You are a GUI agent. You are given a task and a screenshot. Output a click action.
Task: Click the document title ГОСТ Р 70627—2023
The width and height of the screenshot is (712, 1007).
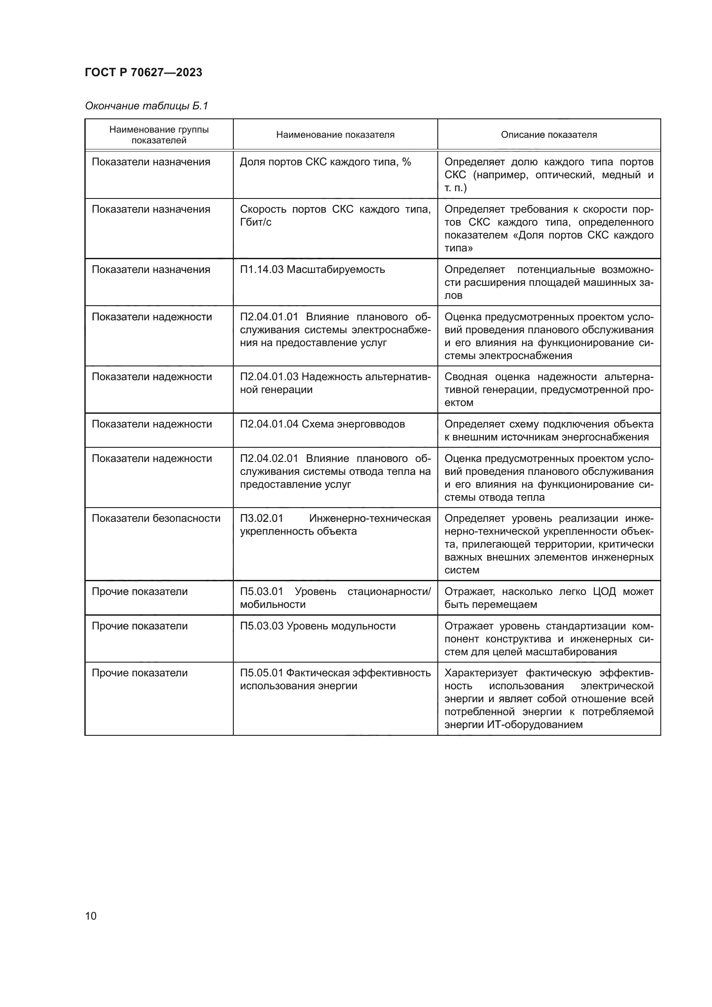coord(143,72)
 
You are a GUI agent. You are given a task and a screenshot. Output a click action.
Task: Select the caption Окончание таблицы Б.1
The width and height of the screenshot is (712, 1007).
coord(146,106)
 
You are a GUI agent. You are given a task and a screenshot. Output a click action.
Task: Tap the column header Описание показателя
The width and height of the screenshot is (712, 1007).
coord(548,135)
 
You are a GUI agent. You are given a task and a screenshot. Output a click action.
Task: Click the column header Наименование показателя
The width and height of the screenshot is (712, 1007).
coord(335,135)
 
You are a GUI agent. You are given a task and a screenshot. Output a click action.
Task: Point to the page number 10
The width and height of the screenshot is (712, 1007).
coord(91,916)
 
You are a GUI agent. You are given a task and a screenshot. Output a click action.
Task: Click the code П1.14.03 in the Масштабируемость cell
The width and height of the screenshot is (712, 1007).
coord(261,269)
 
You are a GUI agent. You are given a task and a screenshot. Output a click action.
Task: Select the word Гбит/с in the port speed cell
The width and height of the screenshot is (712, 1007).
coord(256,222)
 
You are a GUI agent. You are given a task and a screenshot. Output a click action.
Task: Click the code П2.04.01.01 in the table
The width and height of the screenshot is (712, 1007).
coord(269,317)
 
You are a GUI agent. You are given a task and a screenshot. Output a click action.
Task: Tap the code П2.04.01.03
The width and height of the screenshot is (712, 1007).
coord(269,377)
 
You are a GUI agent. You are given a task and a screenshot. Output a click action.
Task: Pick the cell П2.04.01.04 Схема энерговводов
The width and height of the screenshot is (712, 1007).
coord(322,424)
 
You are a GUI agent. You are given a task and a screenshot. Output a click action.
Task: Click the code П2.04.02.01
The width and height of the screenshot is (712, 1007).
coord(269,459)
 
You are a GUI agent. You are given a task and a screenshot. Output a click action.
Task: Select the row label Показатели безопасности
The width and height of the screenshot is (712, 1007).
coord(156,518)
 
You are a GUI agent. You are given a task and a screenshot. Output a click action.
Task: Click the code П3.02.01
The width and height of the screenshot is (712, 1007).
coord(261,518)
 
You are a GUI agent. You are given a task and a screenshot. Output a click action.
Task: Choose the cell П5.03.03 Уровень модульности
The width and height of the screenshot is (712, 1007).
coord(317,626)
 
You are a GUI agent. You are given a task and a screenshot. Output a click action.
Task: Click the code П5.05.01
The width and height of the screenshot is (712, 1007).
coord(261,673)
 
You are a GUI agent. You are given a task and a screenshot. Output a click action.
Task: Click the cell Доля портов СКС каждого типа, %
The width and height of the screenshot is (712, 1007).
coord(325,162)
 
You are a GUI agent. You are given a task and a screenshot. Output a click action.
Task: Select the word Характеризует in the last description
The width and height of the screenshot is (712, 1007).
coord(481,673)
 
